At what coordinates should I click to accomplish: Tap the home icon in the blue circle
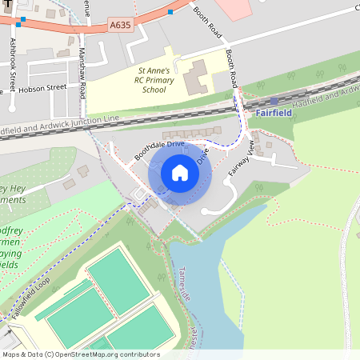[x=180, y=173]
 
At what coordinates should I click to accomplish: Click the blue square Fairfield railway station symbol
[x=274, y=101]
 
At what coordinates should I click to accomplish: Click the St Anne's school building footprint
[x=194, y=78]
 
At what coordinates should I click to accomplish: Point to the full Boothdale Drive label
[x=159, y=150]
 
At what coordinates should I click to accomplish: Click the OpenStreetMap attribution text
[x=80, y=354]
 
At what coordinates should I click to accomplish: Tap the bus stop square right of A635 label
[x=170, y=13]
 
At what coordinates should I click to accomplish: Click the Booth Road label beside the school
[x=232, y=69]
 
